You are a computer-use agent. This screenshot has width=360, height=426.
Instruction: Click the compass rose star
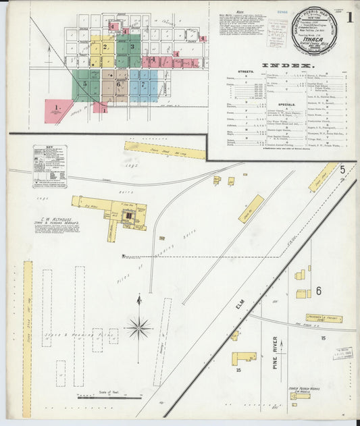(138, 328)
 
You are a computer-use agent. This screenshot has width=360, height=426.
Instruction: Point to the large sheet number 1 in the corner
(349, 18)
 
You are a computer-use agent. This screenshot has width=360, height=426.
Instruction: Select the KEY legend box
(49, 165)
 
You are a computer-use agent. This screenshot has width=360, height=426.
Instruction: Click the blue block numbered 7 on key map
(143, 86)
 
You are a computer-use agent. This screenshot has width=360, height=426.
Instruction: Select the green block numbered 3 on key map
(132, 47)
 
